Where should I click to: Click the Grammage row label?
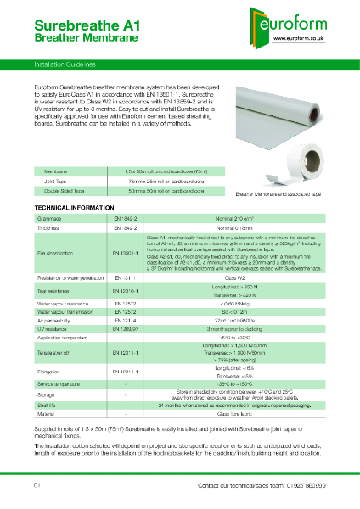(x=48, y=218)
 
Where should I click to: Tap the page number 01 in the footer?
(x=37, y=485)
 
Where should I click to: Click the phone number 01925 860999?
(x=304, y=485)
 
